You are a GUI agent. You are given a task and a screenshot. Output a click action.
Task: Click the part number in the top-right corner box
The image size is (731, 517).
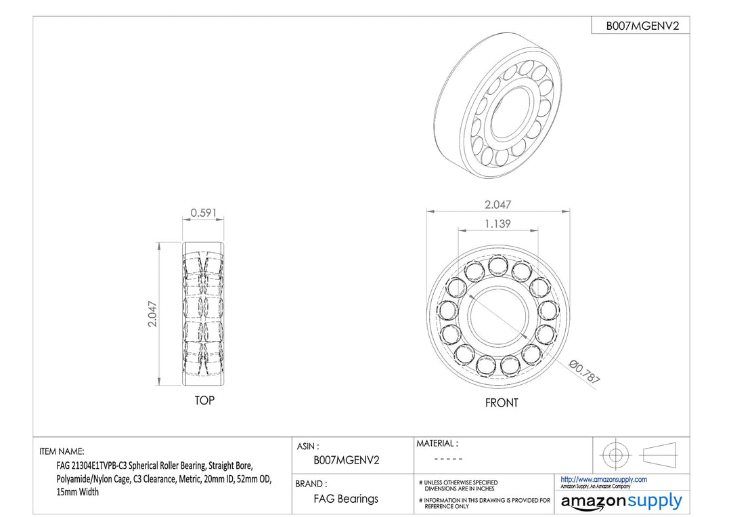coord(642,26)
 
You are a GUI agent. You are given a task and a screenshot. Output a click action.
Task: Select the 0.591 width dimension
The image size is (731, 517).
coord(204,213)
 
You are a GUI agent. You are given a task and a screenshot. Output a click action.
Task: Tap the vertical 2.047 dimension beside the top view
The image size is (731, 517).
coord(152,314)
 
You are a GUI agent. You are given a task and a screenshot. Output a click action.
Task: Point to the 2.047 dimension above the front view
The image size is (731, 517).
coord(497,205)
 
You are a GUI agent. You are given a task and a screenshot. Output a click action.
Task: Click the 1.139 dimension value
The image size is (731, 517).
coord(497,224)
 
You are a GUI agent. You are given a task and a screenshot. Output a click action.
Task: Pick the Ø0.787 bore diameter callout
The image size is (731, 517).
coord(585,372)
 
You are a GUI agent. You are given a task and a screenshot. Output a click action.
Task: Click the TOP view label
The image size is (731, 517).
coord(204,400)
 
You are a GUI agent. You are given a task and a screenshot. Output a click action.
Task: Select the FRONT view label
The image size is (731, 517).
coord(501,402)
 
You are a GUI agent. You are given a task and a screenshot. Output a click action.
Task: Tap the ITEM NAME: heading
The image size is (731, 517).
coord(62,451)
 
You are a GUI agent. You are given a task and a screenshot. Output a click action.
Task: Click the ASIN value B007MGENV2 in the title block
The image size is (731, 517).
coord(347,460)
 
